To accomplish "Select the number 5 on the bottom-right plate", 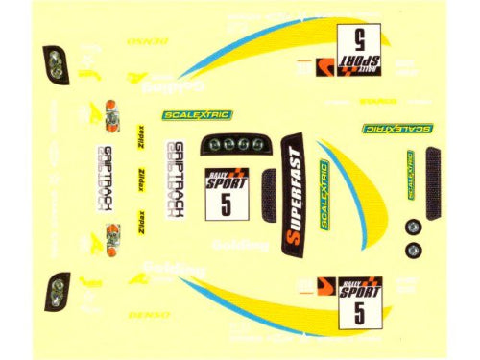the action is [x=356, y=311].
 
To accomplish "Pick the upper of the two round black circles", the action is [x=413, y=228].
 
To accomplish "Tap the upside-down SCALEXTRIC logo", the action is [x=396, y=128].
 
